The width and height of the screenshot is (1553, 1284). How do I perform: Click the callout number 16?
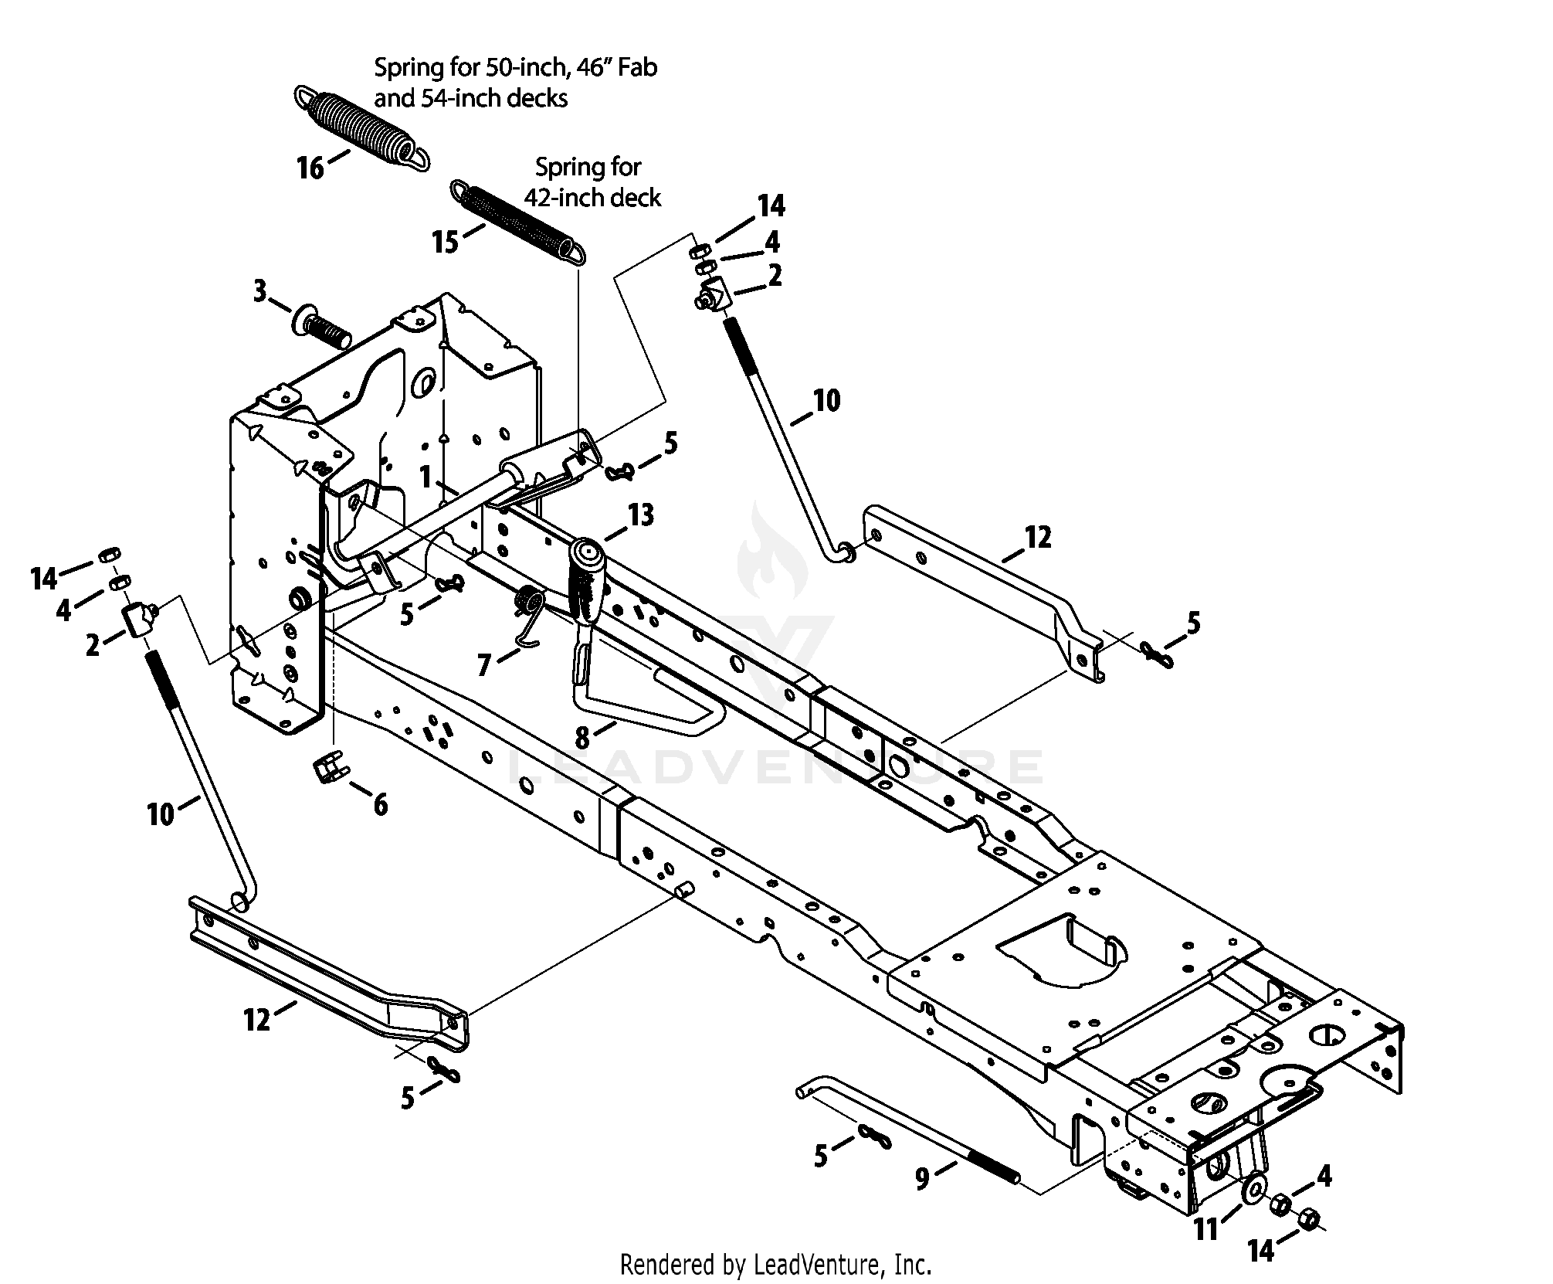point(311,168)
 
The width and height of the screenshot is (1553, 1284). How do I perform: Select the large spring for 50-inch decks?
point(362,127)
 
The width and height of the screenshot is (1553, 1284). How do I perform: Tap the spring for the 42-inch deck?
point(518,222)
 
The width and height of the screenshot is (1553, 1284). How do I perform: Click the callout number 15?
point(446,242)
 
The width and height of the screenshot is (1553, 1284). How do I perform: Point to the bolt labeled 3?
point(321,328)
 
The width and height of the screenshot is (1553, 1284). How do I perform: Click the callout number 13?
point(641,515)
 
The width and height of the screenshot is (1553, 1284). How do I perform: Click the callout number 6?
point(380,805)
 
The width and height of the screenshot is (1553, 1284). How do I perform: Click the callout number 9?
point(922,1180)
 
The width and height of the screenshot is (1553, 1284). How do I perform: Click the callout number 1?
point(425,477)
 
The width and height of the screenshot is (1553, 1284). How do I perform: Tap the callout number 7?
point(484,665)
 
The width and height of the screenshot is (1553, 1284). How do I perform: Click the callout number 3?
point(260,292)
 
